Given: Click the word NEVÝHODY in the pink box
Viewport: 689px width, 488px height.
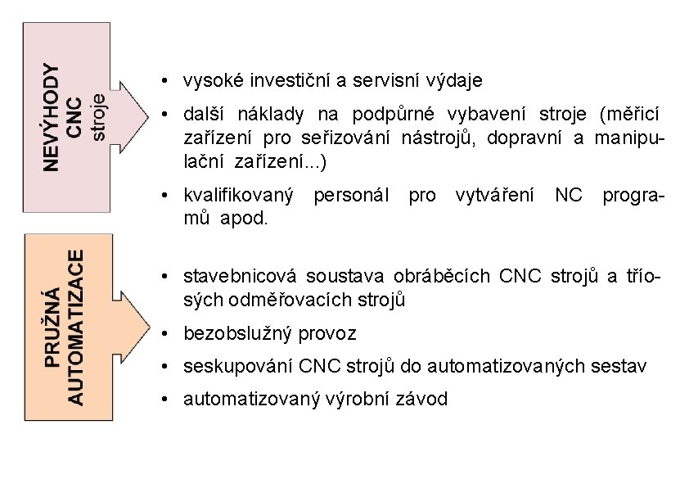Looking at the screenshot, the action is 51,117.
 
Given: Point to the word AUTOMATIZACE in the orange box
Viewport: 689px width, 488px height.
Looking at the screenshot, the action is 75,327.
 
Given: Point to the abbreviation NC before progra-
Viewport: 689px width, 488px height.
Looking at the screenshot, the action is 570,197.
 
